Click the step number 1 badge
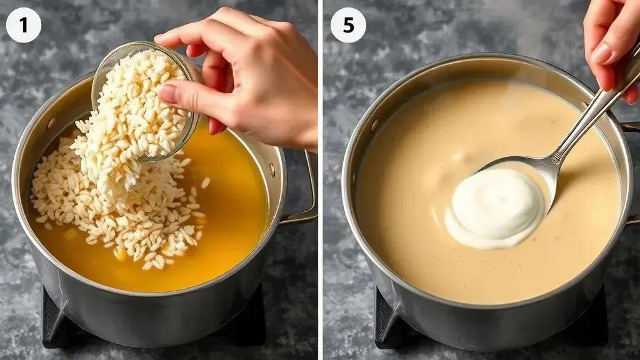[23, 25]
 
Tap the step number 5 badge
[348, 25]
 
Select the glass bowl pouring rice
[145, 100]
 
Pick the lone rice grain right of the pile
[205, 182]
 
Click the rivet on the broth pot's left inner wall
[51, 123]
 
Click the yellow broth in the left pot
[229, 212]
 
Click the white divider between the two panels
[321, 180]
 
